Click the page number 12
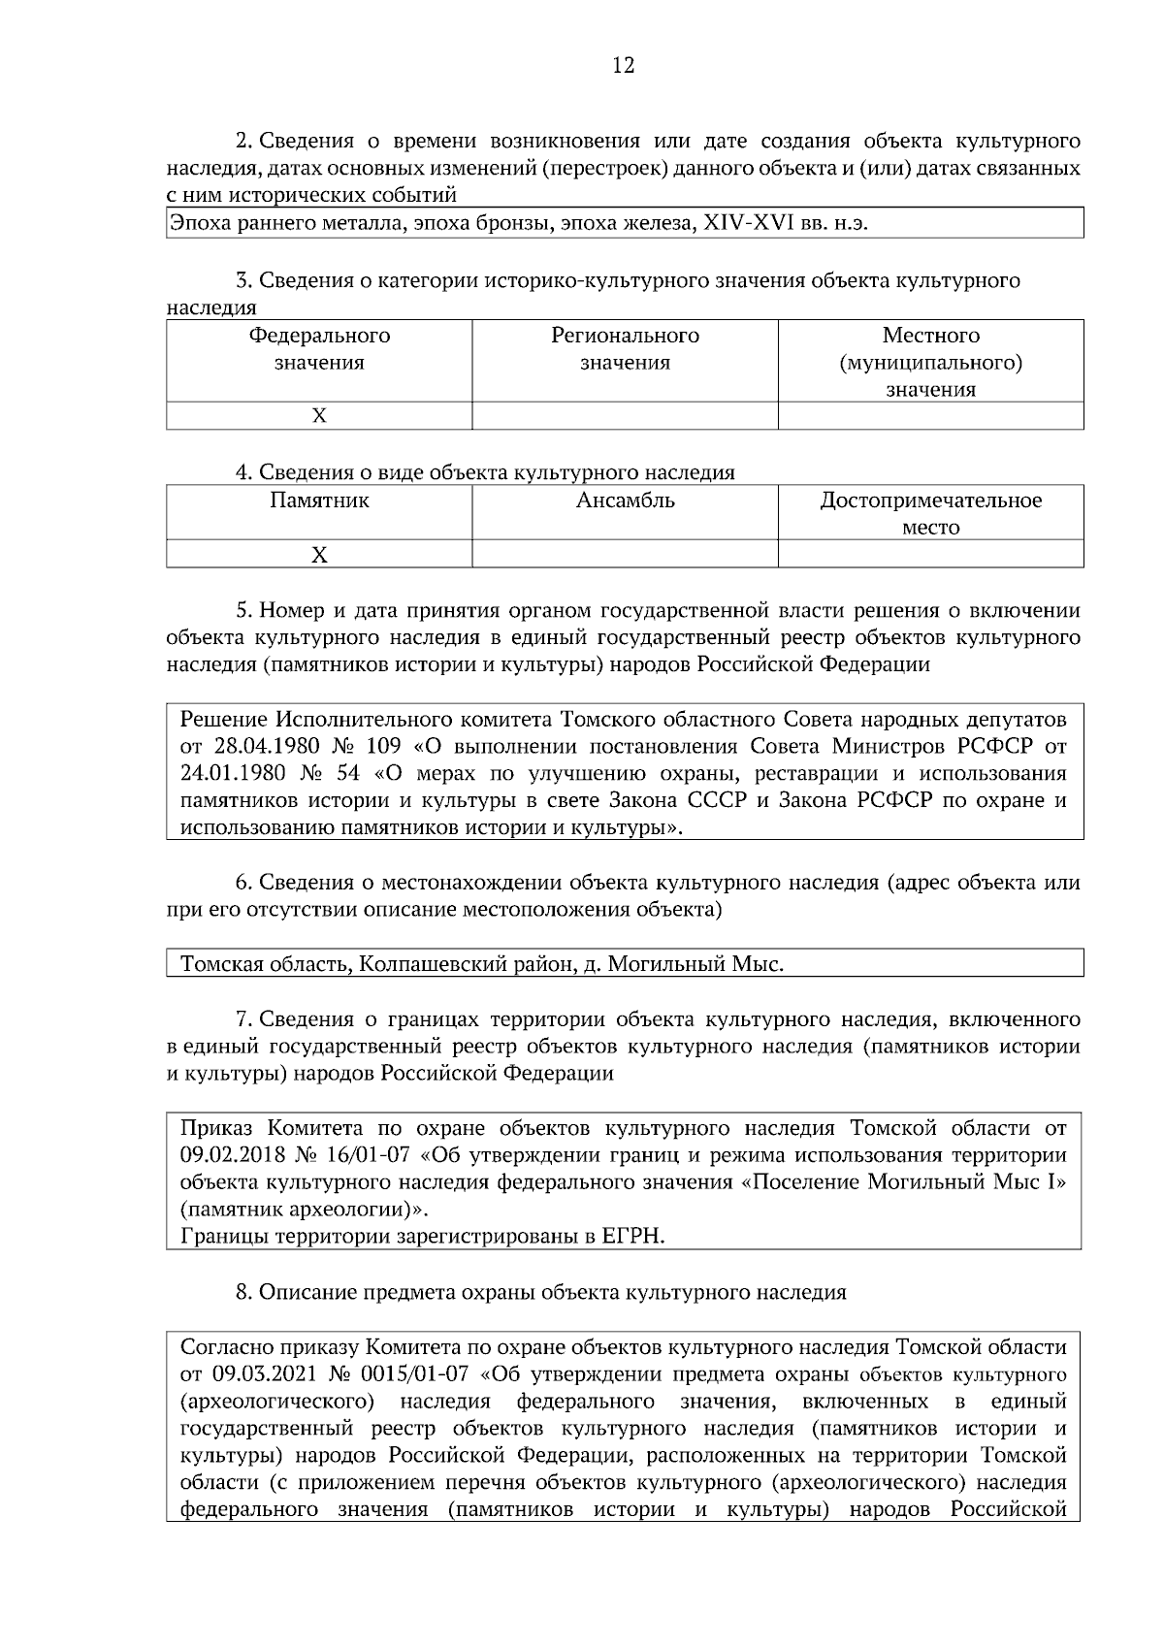click(x=623, y=66)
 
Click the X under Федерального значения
click(x=319, y=416)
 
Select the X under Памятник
click(x=319, y=555)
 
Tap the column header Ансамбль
click(x=625, y=501)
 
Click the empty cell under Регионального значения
click(x=625, y=416)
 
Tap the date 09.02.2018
click(x=235, y=1155)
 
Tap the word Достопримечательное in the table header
click(x=930, y=501)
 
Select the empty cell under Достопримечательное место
click(x=930, y=555)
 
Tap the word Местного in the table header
click(x=930, y=336)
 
